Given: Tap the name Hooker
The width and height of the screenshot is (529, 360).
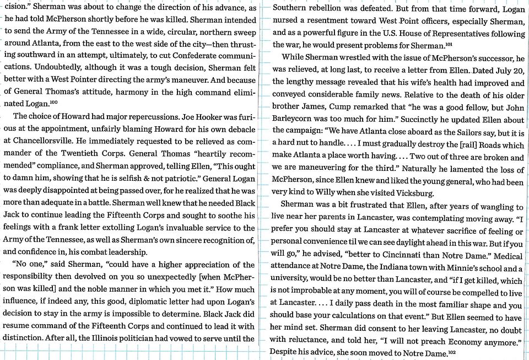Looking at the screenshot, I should (x=210, y=116).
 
